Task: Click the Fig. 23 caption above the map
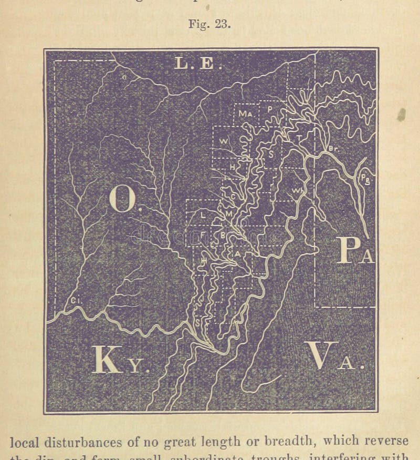(209, 25)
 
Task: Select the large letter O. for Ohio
(124, 200)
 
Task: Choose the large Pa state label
(355, 250)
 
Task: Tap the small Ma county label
(245, 113)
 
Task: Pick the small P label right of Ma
(269, 109)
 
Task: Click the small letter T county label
(299, 138)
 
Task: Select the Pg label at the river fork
(365, 179)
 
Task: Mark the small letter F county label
(203, 235)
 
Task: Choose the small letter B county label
(223, 236)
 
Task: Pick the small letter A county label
(237, 253)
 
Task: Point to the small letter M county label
(228, 214)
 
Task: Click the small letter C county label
(234, 196)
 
